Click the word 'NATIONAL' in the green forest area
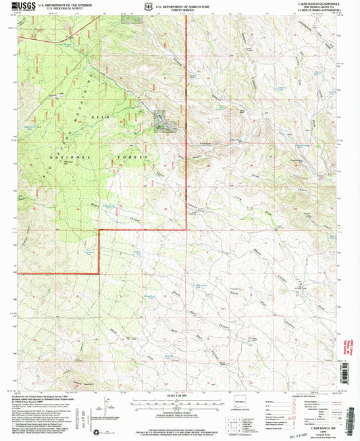click(59, 156)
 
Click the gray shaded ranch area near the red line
click(163, 122)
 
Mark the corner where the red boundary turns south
click(101, 230)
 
